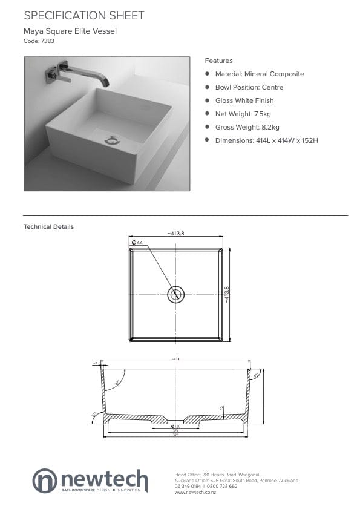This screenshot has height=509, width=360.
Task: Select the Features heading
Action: pyautogui.click(x=218, y=61)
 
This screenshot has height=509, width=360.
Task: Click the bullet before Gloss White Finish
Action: pyautogui.click(x=208, y=100)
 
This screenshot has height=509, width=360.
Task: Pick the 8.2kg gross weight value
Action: pyautogui.click(x=269, y=127)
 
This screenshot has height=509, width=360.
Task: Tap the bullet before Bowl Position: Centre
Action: pyautogui.click(x=208, y=87)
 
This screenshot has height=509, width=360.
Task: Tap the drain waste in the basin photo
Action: pyautogui.click(x=113, y=140)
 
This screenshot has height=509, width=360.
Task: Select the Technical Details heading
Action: pyautogui.click(x=48, y=227)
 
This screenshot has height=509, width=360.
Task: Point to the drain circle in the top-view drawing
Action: pyautogui.click(x=175, y=295)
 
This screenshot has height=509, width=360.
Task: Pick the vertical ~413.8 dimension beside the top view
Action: pyautogui.click(x=227, y=295)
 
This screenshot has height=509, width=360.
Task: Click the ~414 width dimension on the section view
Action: pyautogui.click(x=175, y=360)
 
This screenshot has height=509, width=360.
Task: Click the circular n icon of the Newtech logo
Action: pyautogui.click(x=45, y=480)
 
